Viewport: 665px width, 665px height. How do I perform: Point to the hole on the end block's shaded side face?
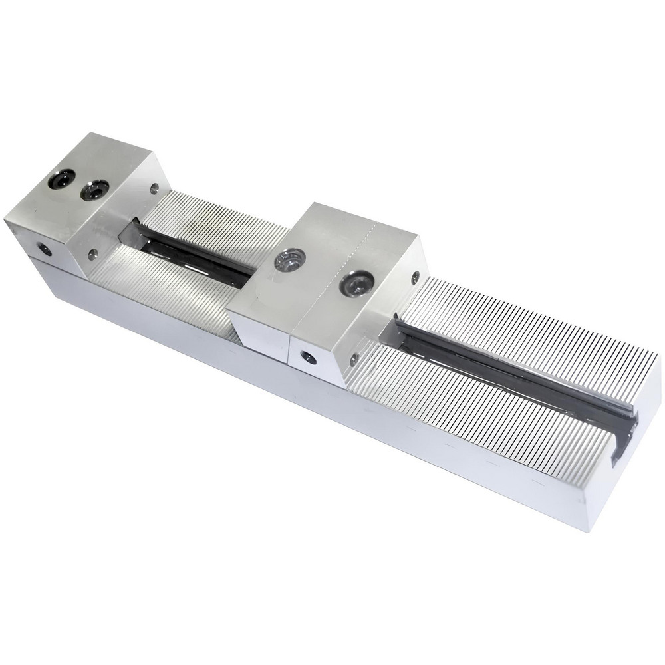[x=45, y=249]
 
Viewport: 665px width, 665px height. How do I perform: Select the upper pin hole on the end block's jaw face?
[x=154, y=188]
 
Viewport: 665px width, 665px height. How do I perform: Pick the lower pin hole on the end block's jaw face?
[x=92, y=253]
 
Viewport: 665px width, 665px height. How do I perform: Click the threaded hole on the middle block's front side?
[x=308, y=356]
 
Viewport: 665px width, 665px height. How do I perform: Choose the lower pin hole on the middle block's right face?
[x=354, y=360]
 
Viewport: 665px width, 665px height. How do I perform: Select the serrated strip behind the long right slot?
[x=532, y=332]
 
